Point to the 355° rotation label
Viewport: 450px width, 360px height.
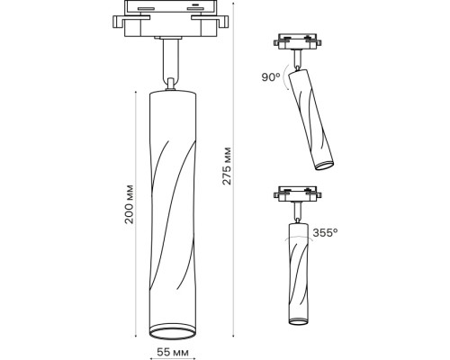324,232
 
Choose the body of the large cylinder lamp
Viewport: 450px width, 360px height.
170,207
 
